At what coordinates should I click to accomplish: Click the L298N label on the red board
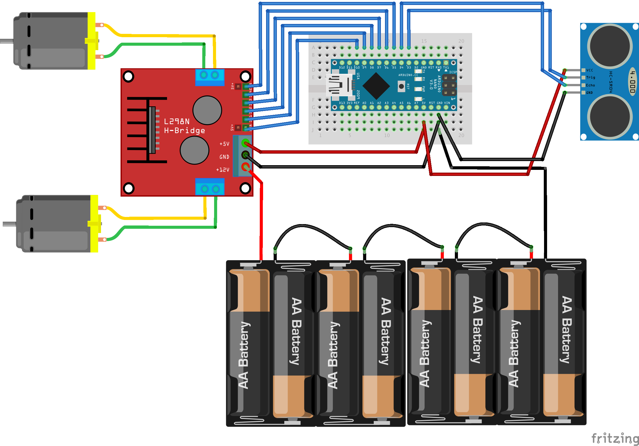(x=177, y=121)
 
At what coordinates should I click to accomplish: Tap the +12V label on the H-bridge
(x=223, y=170)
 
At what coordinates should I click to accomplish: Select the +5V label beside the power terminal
(x=224, y=144)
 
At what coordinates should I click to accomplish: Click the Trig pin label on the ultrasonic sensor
(x=590, y=77)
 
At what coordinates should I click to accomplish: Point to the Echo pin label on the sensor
(x=590, y=85)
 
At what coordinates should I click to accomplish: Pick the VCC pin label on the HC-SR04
(x=589, y=70)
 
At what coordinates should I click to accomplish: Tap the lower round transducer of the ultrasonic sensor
(x=610, y=117)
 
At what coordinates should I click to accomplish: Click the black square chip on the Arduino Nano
(x=376, y=86)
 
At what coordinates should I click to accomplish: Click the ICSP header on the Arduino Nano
(x=449, y=85)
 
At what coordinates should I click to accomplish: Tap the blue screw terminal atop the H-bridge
(x=210, y=77)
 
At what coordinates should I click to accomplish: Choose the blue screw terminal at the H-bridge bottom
(x=210, y=187)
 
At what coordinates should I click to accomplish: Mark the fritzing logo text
(x=615, y=438)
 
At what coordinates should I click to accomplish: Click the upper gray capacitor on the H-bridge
(x=207, y=110)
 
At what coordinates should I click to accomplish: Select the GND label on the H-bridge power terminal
(x=224, y=157)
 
